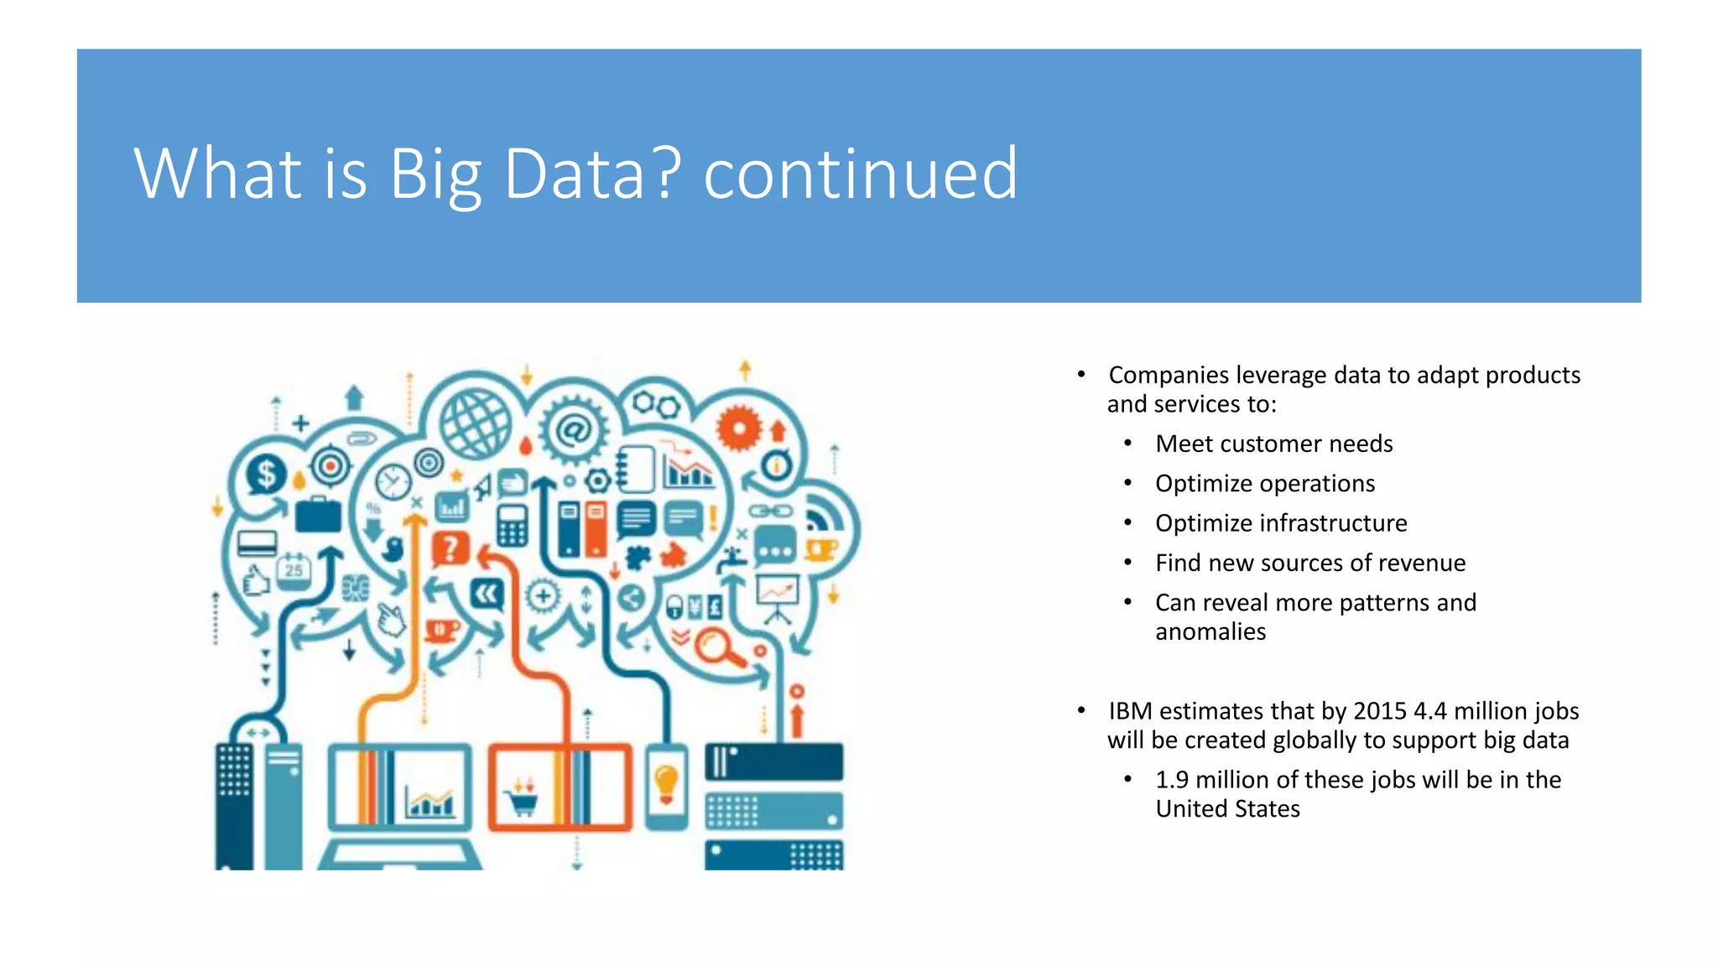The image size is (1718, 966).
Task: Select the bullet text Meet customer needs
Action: (1273, 444)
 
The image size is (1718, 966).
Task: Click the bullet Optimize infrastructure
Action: (1280, 523)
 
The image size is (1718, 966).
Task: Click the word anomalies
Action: (1210, 631)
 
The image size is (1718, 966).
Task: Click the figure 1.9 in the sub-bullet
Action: (1171, 780)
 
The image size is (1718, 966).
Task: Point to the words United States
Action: (1227, 809)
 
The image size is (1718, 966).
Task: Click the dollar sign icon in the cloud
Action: (266, 475)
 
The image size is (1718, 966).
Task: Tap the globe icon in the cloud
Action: (476, 423)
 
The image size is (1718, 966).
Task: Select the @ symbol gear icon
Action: (575, 431)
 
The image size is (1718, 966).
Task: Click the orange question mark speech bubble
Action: (450, 549)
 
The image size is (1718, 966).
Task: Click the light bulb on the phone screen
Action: (666, 785)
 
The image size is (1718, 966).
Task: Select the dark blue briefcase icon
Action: (318, 515)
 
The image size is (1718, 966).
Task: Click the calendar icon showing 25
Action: (294, 570)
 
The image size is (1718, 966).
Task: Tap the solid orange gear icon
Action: (739, 428)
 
